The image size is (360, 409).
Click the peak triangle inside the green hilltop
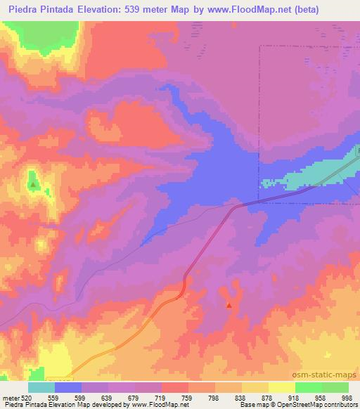(33, 185)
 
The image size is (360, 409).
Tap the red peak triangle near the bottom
(229, 305)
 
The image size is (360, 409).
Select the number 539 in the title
(134, 10)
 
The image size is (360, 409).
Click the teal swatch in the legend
(41, 388)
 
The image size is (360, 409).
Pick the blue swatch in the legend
(68, 388)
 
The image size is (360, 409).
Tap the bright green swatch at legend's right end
(335, 388)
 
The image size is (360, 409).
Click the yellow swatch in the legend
(281, 388)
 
